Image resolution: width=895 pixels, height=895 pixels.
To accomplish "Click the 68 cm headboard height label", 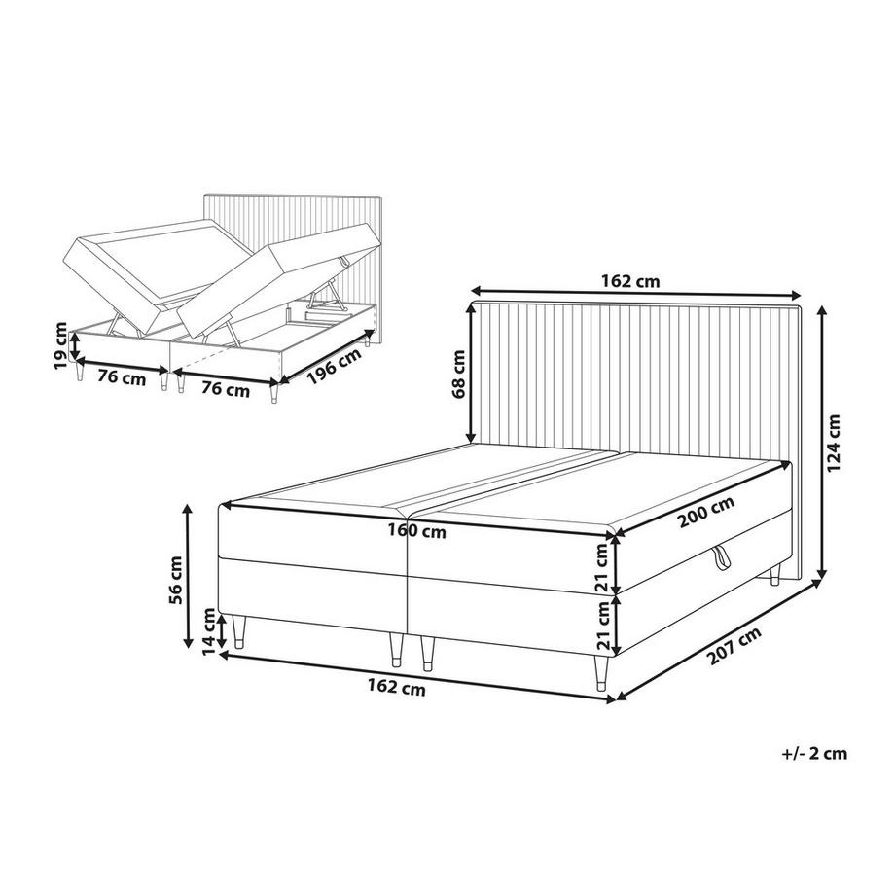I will [x=456, y=376].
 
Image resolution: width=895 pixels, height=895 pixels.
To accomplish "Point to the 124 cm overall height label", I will [x=833, y=443].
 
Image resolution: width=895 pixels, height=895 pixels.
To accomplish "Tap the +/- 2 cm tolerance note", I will [x=813, y=752].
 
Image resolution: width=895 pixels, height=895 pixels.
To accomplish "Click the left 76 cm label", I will [x=121, y=376].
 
